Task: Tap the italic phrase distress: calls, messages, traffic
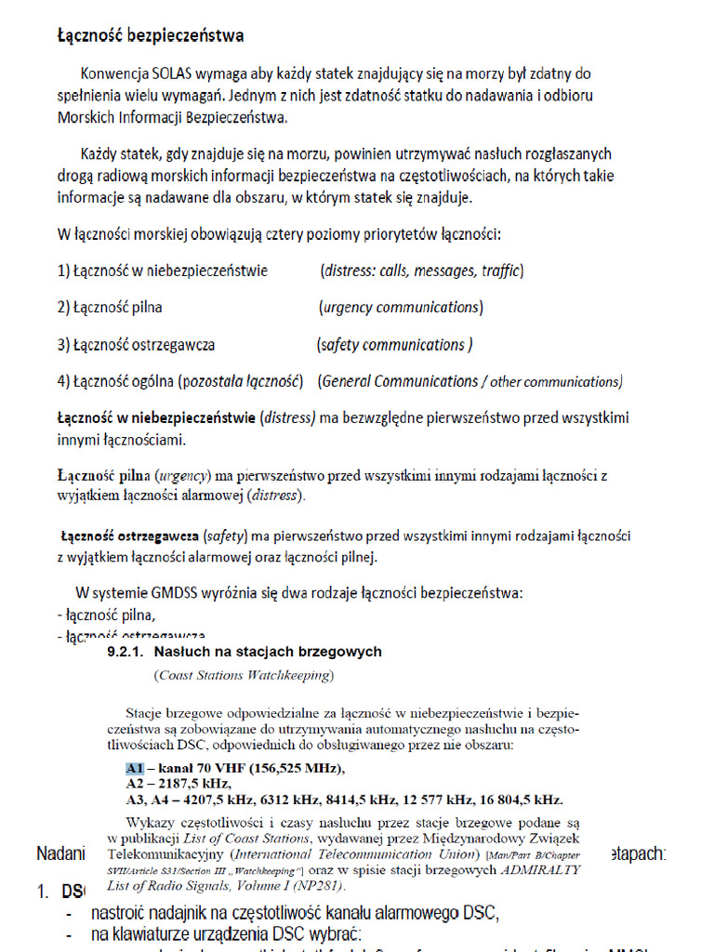tap(421, 271)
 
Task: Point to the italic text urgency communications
tap(400, 308)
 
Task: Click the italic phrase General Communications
tap(398, 381)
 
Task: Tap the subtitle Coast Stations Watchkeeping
tap(243, 675)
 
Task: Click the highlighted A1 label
tap(135, 768)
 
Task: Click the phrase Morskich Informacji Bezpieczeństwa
tap(172, 118)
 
